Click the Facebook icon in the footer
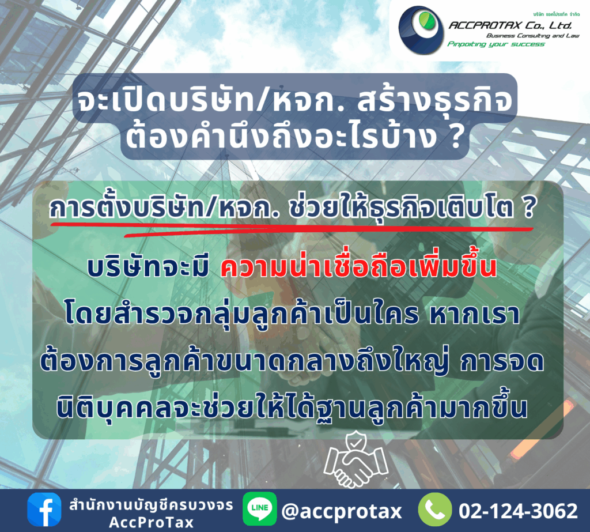[x=44, y=510]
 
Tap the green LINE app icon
[x=260, y=509]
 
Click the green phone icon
[x=434, y=510]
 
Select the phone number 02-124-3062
[x=518, y=511]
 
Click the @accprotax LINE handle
[x=342, y=511]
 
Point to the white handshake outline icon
[x=355, y=460]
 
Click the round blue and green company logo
[x=421, y=31]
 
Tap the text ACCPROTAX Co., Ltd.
[x=510, y=25]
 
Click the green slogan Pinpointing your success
[x=496, y=44]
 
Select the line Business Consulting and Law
[x=533, y=35]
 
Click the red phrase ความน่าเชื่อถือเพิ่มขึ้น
[x=358, y=267]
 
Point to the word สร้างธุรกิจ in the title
[x=435, y=101]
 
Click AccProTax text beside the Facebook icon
[x=151, y=522]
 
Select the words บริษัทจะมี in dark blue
[x=148, y=267]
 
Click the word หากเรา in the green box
[x=475, y=314]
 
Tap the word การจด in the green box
[x=502, y=361]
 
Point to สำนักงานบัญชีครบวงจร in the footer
[x=151, y=505]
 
